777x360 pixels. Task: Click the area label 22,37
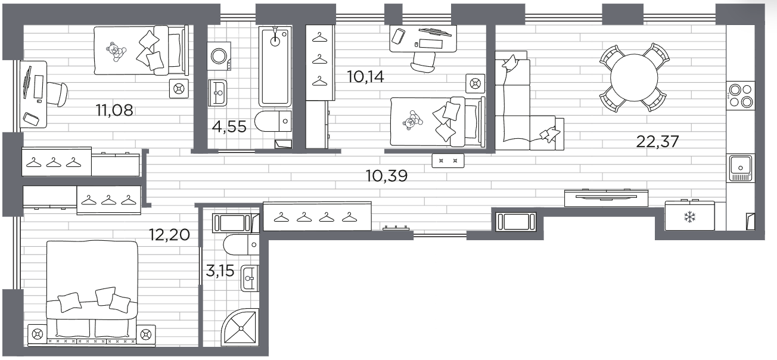657,141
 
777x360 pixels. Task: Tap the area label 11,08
114,110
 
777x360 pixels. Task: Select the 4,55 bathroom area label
229,127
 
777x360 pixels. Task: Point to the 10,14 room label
366,77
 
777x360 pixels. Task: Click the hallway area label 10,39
387,176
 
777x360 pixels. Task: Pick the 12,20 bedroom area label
169,235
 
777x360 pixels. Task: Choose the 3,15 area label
220,271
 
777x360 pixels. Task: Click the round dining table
634,77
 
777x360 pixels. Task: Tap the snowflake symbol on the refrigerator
689,218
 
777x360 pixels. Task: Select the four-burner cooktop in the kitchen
740,96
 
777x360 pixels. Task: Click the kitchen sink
741,168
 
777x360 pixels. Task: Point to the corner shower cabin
240,327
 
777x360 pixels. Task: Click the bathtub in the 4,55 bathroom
275,66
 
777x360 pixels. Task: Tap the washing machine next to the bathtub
219,56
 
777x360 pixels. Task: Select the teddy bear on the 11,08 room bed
115,52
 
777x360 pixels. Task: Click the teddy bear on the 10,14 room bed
412,120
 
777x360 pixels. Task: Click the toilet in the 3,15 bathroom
241,244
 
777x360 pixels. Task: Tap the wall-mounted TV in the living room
606,197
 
